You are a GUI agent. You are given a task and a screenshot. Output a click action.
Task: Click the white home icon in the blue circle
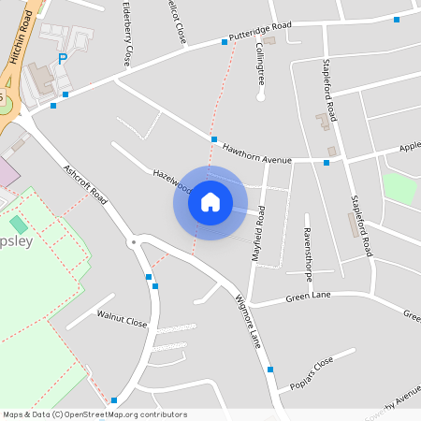click(x=210, y=202)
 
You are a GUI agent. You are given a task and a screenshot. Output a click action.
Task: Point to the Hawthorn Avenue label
click(x=264, y=159)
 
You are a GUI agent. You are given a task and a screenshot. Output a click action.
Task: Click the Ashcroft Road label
click(x=86, y=184)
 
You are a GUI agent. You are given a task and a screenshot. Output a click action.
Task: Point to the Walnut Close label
click(x=123, y=318)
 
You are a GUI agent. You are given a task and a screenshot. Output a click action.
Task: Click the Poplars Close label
click(x=312, y=371)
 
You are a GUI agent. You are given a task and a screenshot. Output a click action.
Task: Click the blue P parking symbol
click(x=63, y=59)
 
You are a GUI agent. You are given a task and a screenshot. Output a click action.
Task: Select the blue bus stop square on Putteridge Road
click(x=225, y=41)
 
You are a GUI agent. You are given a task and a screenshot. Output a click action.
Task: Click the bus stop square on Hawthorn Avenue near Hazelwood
click(x=214, y=139)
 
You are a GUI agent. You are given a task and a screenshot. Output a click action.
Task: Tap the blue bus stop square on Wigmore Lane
click(x=270, y=370)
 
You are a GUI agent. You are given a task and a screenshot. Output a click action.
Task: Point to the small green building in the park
click(x=19, y=225)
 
